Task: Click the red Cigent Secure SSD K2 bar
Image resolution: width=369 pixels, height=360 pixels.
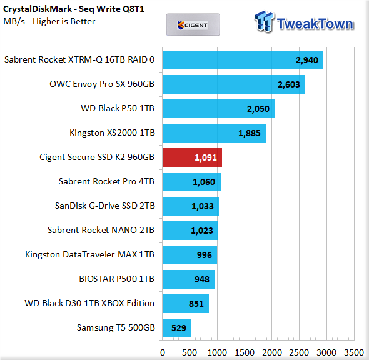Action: tap(192, 157)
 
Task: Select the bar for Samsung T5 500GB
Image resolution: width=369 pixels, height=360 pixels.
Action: tap(177, 328)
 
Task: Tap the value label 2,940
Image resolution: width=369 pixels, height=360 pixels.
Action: tap(307, 60)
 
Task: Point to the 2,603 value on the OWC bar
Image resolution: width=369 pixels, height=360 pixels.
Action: tap(289, 84)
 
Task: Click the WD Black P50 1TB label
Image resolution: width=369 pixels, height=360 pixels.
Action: tap(118, 108)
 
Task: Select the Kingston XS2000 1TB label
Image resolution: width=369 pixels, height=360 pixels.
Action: tap(112, 132)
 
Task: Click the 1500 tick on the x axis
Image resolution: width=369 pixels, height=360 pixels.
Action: tap(245, 352)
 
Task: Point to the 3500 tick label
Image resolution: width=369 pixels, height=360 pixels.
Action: tap(354, 352)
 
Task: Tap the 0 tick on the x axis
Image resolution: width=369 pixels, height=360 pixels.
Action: tap(163, 352)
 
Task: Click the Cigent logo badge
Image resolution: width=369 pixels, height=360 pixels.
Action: tap(193, 25)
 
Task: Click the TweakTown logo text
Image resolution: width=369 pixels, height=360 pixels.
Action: tap(315, 24)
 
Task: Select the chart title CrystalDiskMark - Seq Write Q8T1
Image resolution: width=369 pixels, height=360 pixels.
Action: tap(74, 9)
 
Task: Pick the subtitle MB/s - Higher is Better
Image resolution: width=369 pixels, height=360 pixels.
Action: tap(49, 21)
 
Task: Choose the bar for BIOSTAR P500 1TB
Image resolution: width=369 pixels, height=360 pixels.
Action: tap(188, 279)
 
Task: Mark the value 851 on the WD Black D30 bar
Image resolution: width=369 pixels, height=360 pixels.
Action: tap(196, 304)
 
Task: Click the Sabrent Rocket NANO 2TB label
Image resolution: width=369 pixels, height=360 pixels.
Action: tap(101, 230)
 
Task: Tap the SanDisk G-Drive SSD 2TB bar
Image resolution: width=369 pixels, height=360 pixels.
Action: tap(191, 206)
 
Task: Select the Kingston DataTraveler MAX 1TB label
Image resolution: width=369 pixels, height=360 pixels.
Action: tap(89, 254)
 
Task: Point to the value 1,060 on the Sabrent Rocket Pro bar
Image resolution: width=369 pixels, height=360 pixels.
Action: tap(204, 182)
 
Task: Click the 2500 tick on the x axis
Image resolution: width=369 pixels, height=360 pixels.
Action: tap(299, 352)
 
